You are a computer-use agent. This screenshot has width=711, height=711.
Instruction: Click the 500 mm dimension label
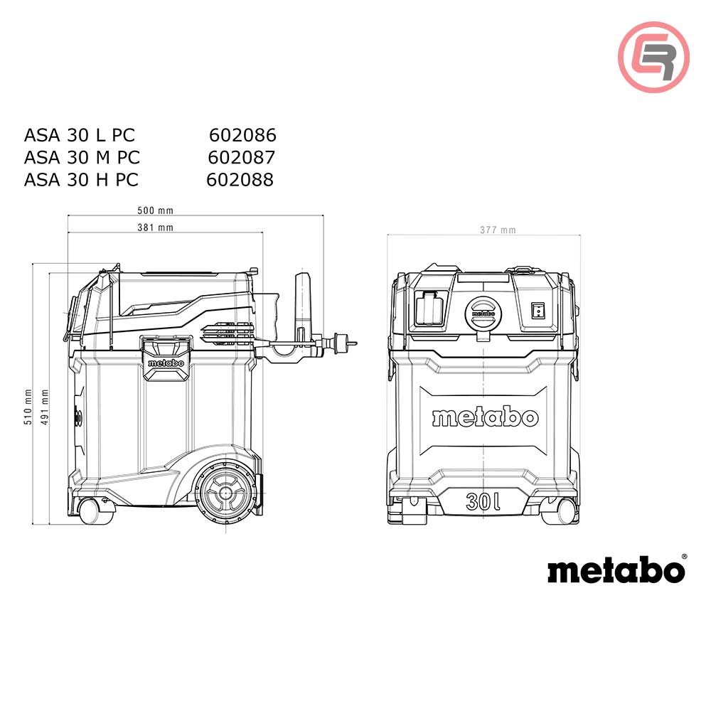pyautogui.click(x=156, y=210)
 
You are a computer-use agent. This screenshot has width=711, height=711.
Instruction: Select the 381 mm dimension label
pyautogui.click(x=156, y=228)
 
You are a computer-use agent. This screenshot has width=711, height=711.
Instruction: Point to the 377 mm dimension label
pyautogui.click(x=498, y=230)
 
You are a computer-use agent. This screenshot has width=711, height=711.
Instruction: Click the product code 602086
pyautogui.click(x=242, y=135)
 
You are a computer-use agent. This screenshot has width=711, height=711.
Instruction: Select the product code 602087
pyautogui.click(x=242, y=157)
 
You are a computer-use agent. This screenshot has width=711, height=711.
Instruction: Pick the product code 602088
pyautogui.click(x=240, y=180)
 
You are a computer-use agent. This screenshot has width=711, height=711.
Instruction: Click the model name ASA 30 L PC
pyautogui.click(x=79, y=135)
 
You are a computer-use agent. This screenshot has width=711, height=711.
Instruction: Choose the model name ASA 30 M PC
pyautogui.click(x=82, y=157)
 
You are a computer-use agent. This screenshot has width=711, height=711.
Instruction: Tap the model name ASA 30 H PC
pyautogui.click(x=81, y=180)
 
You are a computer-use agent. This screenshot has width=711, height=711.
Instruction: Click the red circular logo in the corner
pyautogui.click(x=653, y=57)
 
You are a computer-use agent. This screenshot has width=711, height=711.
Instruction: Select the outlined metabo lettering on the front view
pyautogui.click(x=485, y=417)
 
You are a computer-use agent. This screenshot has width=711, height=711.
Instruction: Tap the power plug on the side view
pyautogui.click(x=339, y=343)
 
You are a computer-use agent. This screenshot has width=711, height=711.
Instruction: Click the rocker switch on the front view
pyautogui.click(x=538, y=309)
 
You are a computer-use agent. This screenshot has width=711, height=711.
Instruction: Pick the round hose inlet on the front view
pyautogui.click(x=483, y=311)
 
